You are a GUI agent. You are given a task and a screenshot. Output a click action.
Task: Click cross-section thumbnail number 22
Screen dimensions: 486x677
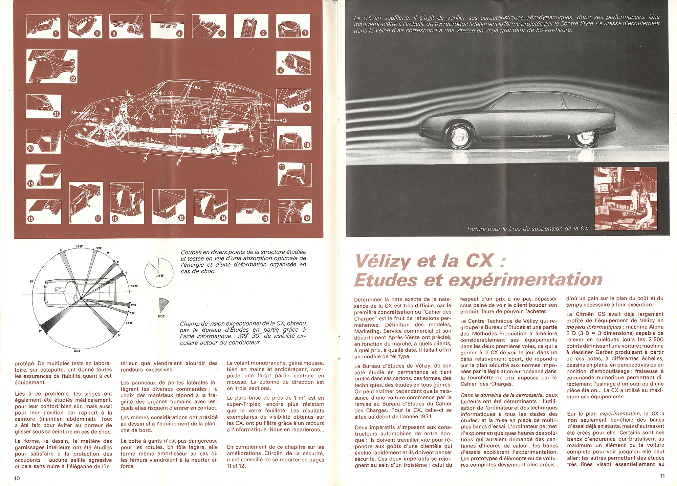point(52,66)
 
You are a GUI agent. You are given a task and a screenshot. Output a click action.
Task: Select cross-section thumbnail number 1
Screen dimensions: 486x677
point(43,26)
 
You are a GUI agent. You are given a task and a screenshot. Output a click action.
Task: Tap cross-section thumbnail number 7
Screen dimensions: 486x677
point(293,26)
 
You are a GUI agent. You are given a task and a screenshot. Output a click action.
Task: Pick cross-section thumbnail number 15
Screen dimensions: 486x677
point(169,206)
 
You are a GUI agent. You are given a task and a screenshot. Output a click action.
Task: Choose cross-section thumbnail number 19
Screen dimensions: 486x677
point(44,176)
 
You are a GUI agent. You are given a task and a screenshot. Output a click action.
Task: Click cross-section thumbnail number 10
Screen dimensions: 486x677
point(294,138)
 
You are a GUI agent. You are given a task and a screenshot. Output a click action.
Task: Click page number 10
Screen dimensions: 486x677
point(17,478)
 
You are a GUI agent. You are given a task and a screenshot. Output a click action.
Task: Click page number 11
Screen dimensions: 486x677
point(662,476)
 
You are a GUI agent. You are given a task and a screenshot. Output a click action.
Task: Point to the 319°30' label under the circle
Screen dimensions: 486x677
point(160,276)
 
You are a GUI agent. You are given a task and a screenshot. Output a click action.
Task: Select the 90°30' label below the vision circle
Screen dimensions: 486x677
point(77,351)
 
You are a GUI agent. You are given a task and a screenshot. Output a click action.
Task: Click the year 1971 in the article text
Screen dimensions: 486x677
point(426,417)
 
